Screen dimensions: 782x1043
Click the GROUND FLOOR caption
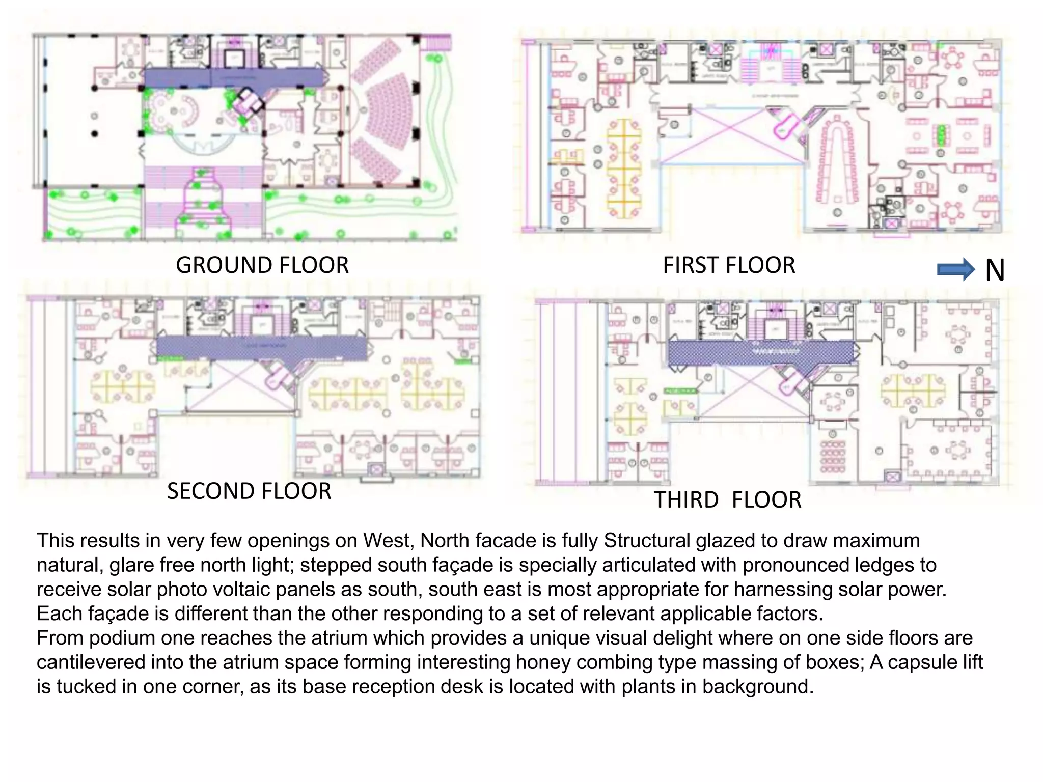[x=262, y=265]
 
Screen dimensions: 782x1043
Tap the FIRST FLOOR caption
[x=728, y=265]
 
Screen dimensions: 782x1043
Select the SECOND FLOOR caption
[x=249, y=491]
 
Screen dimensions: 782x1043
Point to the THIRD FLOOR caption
[x=727, y=500]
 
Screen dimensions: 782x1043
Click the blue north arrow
[x=955, y=269]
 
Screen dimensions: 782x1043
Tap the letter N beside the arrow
[x=995, y=270]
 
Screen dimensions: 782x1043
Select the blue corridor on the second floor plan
[x=261, y=348]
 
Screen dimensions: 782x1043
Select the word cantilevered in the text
[x=91, y=662]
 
